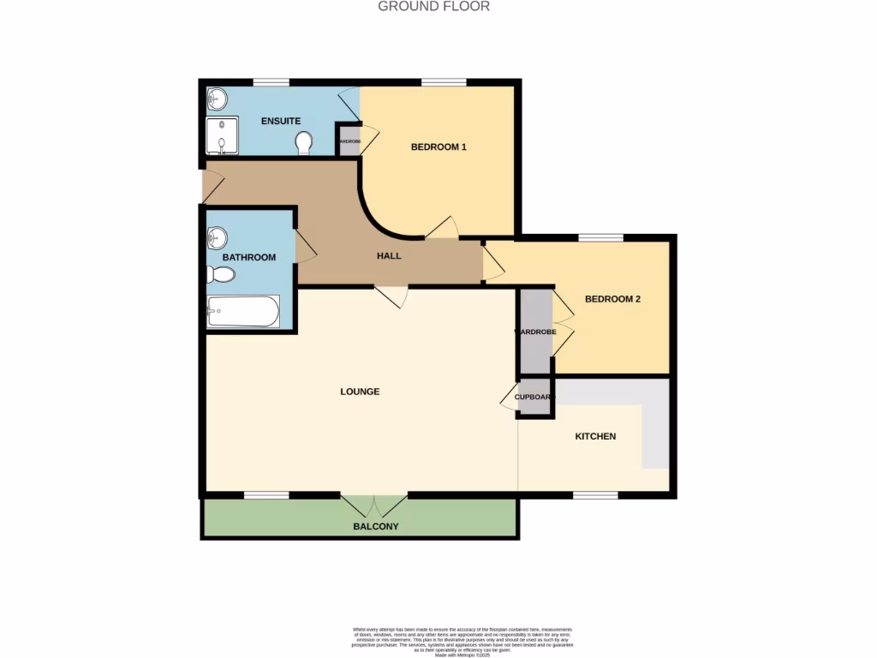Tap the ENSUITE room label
point(281,122)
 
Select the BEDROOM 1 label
point(438,147)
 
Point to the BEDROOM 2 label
point(612,300)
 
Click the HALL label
point(389,256)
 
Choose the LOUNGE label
point(360,392)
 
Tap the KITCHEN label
point(595,437)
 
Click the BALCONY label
point(376,527)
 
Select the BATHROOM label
point(249,258)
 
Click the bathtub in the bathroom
point(243,312)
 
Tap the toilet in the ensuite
point(303,143)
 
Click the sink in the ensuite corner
point(216,99)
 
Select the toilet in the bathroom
point(221,275)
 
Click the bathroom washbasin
point(218,236)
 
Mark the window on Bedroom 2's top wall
point(600,237)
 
